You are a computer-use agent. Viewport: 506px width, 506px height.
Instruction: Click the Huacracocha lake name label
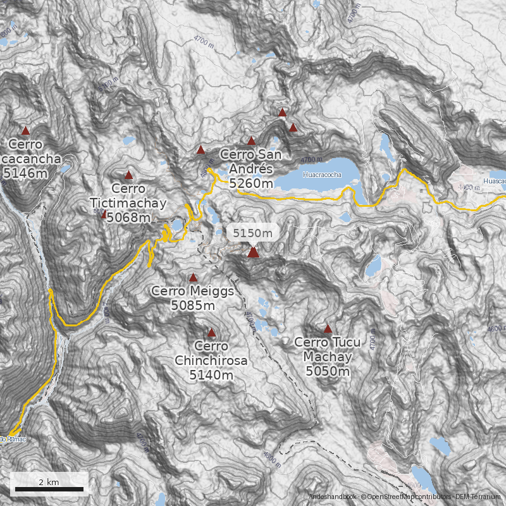pyautogui.click(x=322, y=175)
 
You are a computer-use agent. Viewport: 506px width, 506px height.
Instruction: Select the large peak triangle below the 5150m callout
pyautogui.click(x=253, y=252)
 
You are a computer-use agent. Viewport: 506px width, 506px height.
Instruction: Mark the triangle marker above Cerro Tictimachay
pyautogui.click(x=128, y=175)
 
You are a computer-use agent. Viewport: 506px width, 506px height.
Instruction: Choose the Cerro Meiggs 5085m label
pyautogui.click(x=193, y=298)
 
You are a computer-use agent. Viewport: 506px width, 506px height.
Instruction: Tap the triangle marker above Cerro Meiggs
pyautogui.click(x=193, y=277)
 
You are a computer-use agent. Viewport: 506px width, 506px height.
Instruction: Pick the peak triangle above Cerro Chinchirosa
pyautogui.click(x=211, y=332)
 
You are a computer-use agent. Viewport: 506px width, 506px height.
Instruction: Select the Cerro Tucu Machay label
pyautogui.click(x=327, y=349)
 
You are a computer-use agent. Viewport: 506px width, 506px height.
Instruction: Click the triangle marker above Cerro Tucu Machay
pyautogui.click(x=328, y=329)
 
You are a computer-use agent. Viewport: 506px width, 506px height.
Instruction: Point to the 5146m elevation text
pyautogui.click(x=26, y=172)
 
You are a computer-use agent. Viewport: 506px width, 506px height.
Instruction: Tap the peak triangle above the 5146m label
pyautogui.click(x=25, y=131)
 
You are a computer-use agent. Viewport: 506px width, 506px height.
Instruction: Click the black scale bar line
pyautogui.click(x=49, y=489)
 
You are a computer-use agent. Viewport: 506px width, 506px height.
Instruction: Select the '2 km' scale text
pyautogui.click(x=49, y=482)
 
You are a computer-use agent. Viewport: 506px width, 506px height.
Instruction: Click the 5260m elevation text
pyautogui.click(x=252, y=183)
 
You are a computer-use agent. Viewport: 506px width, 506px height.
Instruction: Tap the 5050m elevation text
pyautogui.click(x=327, y=371)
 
